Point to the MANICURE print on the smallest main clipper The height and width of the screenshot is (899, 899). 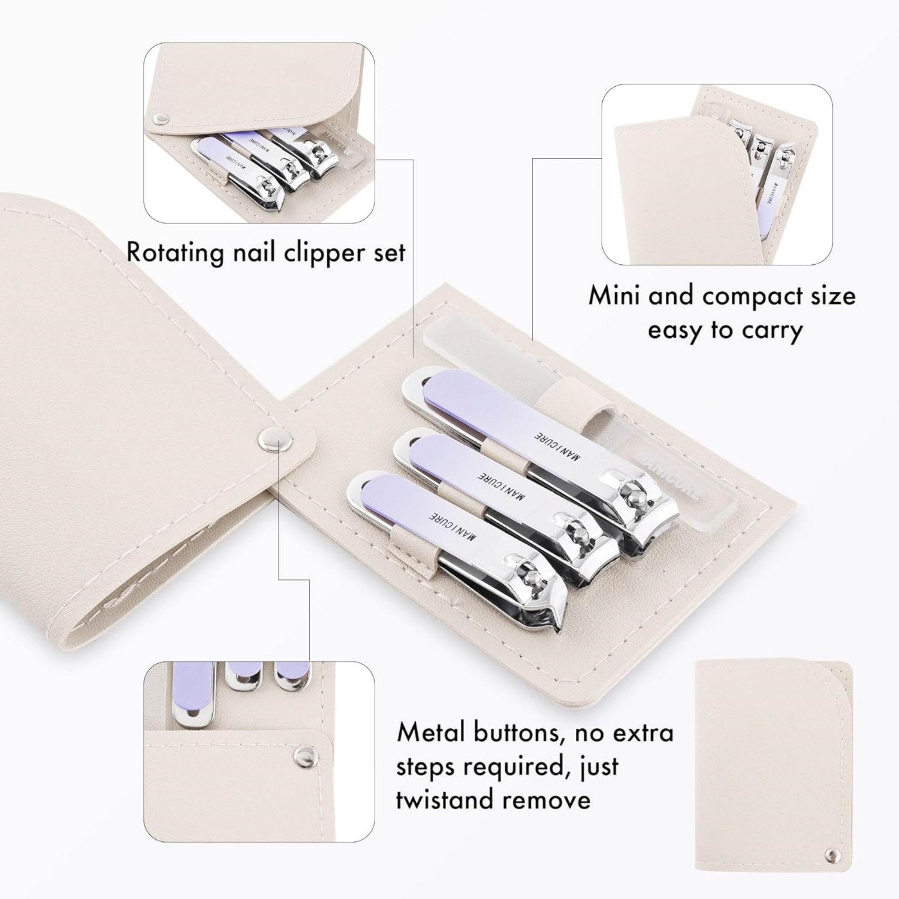(453, 526)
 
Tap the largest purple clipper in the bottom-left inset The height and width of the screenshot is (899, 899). (192, 695)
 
